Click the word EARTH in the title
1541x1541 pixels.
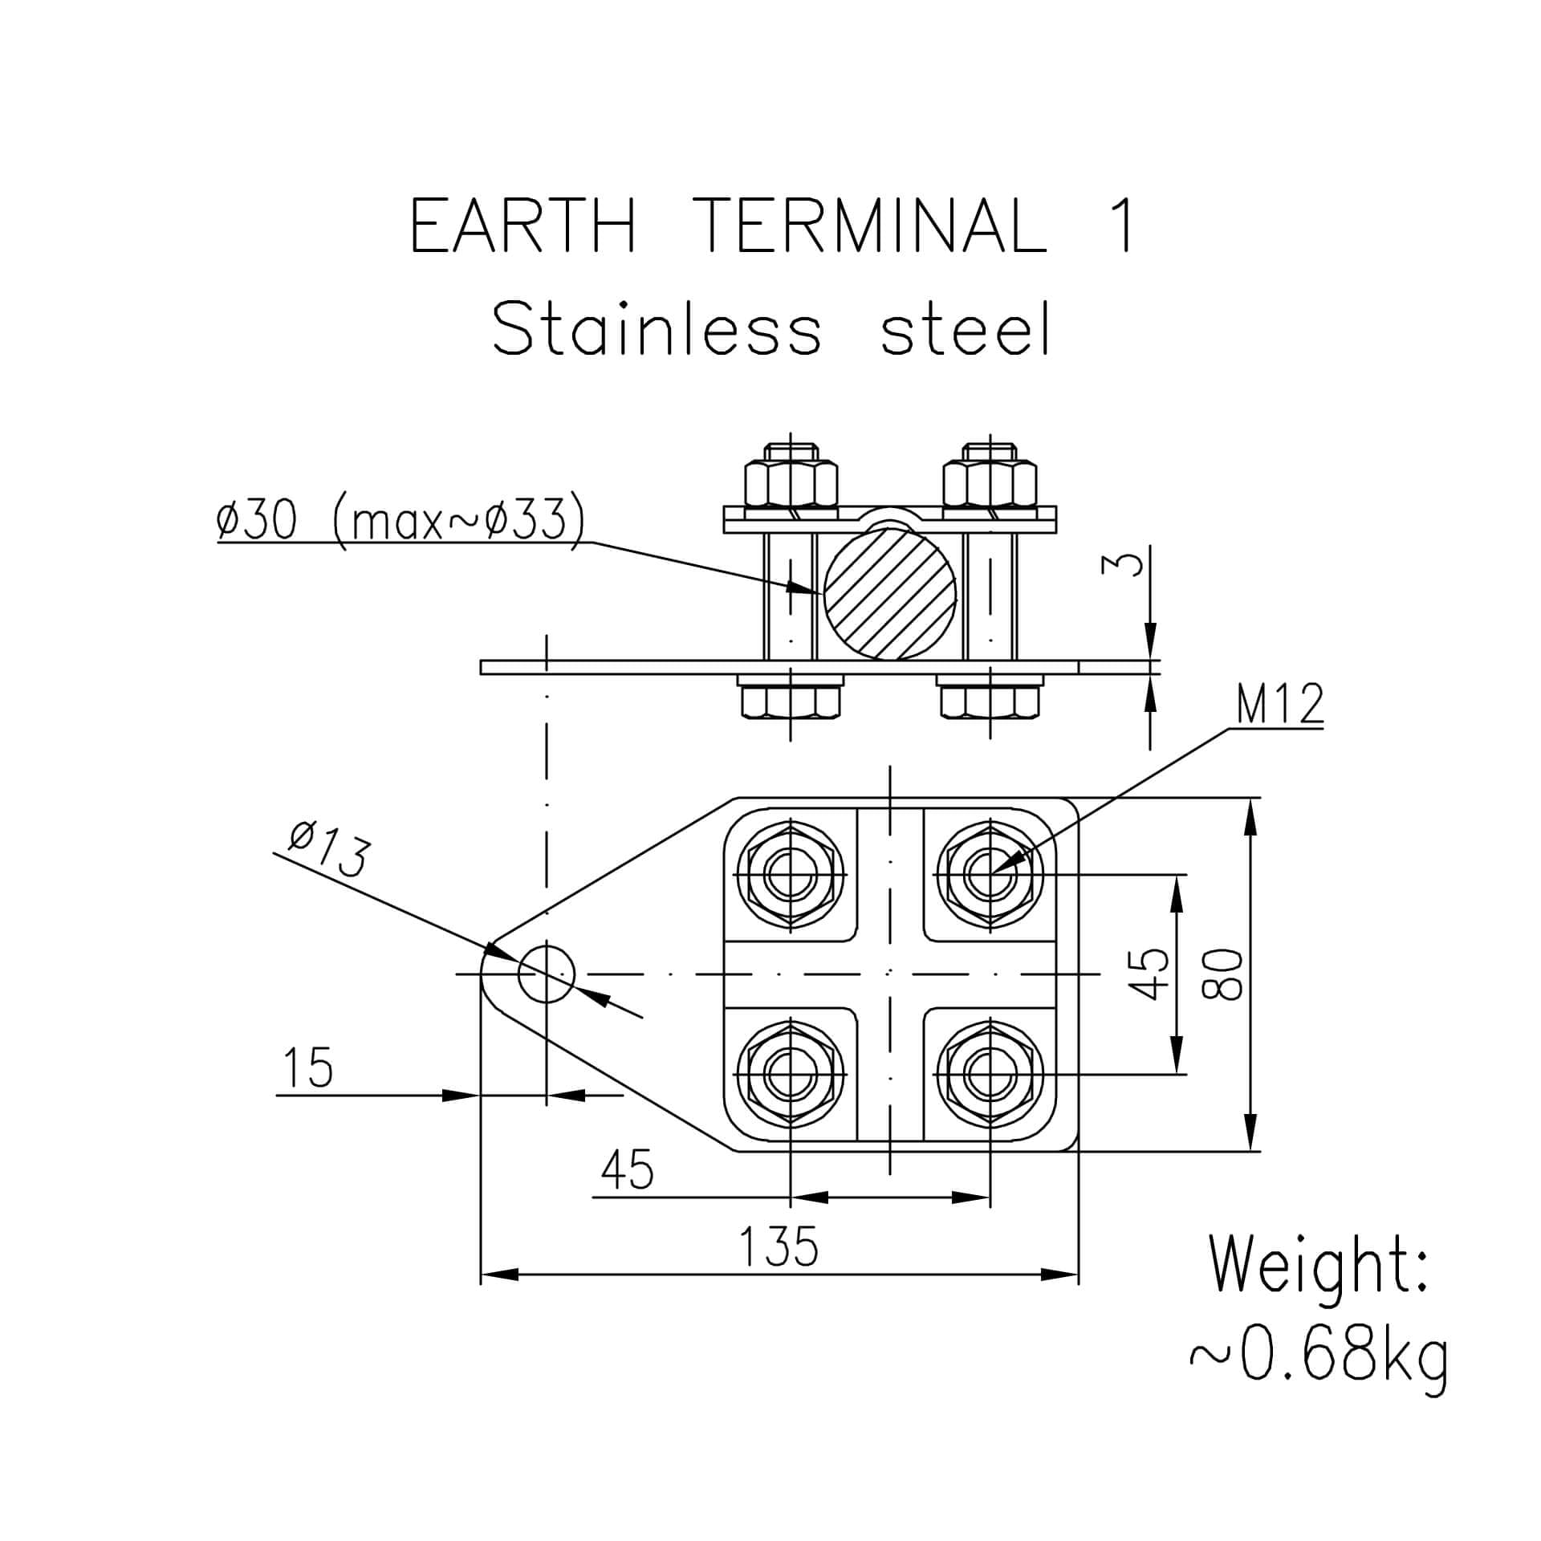[x=523, y=226]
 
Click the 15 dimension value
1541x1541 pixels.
[x=308, y=1067]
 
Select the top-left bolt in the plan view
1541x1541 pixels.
[x=791, y=873]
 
